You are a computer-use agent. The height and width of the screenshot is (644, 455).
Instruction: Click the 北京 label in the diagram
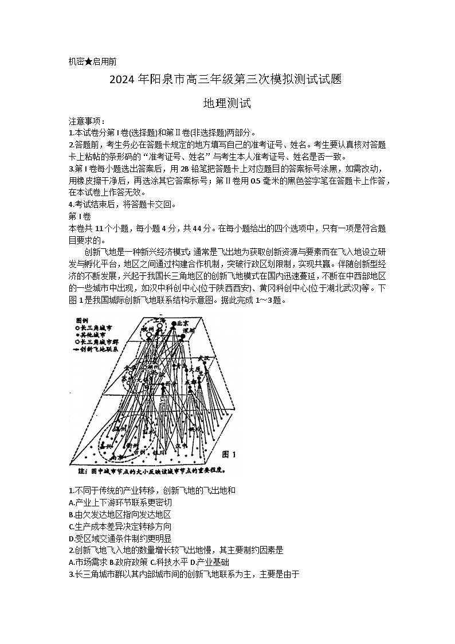[x=182, y=323]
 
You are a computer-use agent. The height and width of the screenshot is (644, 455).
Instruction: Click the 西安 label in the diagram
[x=170, y=383]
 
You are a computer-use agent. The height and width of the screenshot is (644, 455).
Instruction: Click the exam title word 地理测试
[x=227, y=104]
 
